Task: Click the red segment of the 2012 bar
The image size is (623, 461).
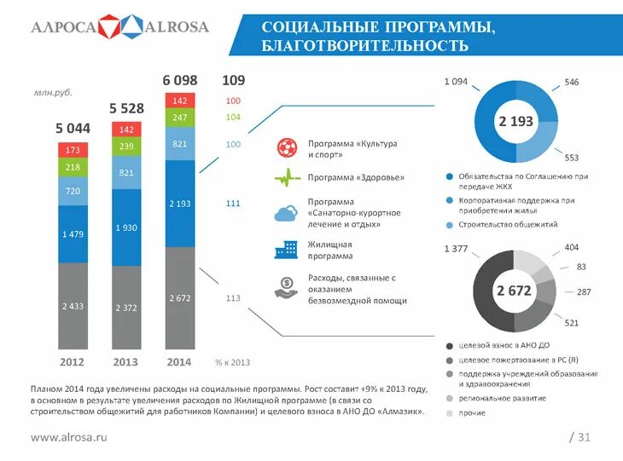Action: click(x=73, y=150)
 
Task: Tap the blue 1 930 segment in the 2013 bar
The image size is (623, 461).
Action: click(x=126, y=228)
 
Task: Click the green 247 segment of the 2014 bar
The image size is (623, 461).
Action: click(x=179, y=118)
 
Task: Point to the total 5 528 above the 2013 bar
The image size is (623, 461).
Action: click(x=126, y=108)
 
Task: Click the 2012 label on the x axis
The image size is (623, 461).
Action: click(x=72, y=362)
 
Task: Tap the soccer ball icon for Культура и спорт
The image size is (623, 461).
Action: click(x=284, y=148)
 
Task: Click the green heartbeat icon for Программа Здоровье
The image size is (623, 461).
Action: click(x=284, y=177)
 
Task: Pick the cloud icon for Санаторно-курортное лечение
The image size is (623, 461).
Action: click(x=284, y=213)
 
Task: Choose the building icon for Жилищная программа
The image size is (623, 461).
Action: click(x=284, y=249)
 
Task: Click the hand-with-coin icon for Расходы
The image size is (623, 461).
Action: click(x=284, y=288)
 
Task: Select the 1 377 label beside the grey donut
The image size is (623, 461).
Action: click(x=457, y=248)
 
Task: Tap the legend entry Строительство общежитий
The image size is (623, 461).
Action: click(x=508, y=224)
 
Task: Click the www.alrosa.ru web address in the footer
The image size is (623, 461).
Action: click(x=69, y=437)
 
